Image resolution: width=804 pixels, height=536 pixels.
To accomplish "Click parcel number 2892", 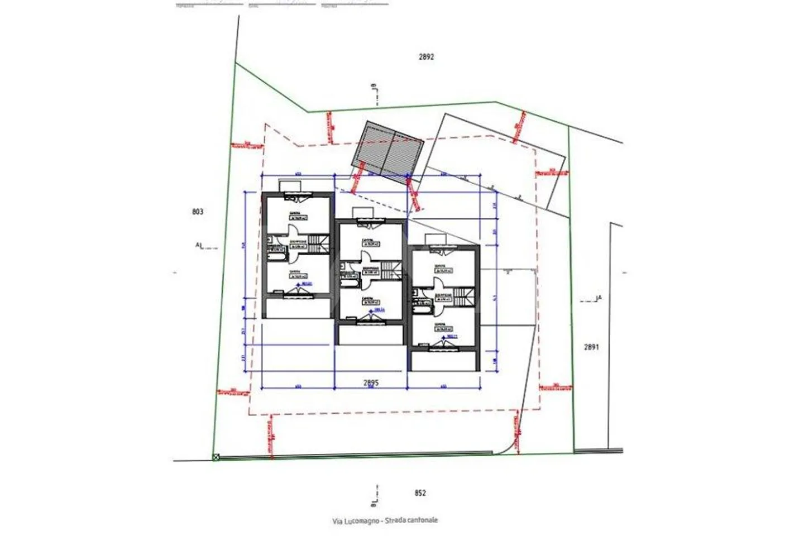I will click(426, 56).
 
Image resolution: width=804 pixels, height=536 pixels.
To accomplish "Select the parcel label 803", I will click(197, 212).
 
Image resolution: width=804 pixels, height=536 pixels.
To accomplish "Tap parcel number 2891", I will click(591, 347).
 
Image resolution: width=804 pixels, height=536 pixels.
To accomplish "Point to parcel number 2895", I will click(371, 382).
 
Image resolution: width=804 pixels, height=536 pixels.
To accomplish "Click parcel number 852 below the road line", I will click(420, 492).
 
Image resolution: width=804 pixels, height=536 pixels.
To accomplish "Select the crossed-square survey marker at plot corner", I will click(216, 457).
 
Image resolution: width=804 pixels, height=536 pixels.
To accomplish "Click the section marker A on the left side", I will click(199, 245).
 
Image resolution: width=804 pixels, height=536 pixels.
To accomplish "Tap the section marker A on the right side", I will click(598, 298).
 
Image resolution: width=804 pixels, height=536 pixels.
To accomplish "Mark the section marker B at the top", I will click(375, 88).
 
